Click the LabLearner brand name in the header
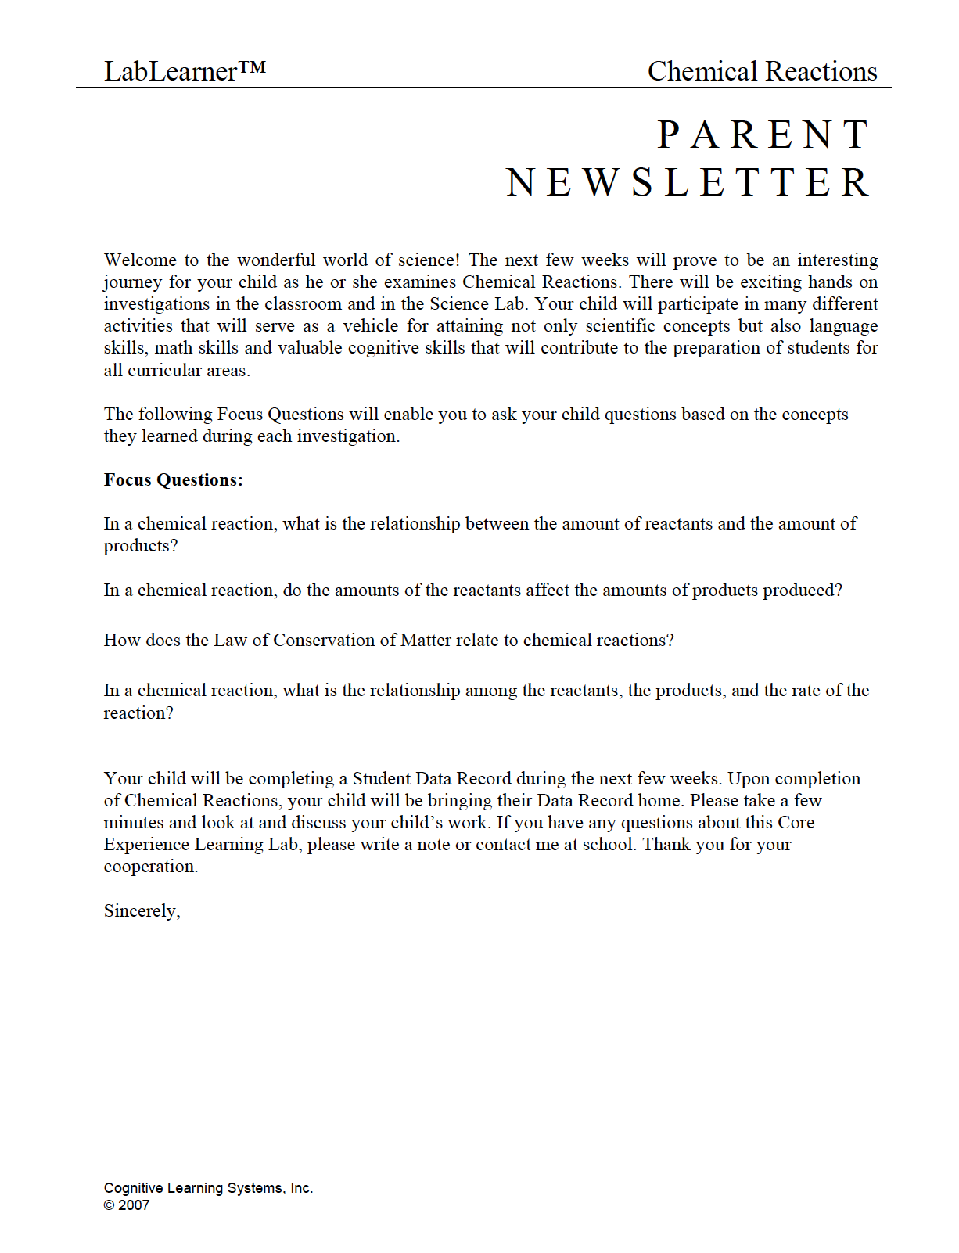click(x=170, y=72)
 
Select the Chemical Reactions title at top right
click(x=762, y=71)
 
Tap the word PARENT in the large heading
click(x=763, y=135)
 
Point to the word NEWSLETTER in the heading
click(x=688, y=183)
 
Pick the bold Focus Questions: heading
click(x=173, y=480)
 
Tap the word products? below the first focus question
click(x=141, y=547)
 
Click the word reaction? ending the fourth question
click(x=138, y=713)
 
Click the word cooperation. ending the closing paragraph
click(x=150, y=867)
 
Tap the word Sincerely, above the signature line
click(x=142, y=911)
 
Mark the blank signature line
click(x=257, y=964)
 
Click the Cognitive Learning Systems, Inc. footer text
click(x=208, y=1188)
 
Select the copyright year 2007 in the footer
click(x=134, y=1205)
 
